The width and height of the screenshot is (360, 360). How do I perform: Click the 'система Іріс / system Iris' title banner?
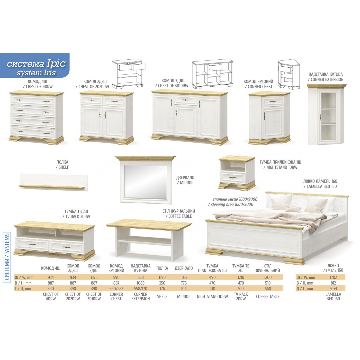pos(35,65)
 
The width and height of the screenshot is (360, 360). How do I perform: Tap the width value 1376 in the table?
pos(94,277)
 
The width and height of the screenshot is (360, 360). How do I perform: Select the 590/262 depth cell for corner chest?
pos(116,289)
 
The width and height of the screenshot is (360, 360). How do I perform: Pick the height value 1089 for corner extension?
pos(140,283)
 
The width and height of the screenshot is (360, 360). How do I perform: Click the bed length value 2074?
pos(333,289)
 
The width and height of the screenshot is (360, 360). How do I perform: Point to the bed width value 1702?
pos(333,277)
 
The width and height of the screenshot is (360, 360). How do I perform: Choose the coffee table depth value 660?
pos(268,289)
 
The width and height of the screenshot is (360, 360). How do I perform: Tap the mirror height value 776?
pos(184,283)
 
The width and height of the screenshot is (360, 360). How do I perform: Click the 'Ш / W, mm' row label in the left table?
pos(24,277)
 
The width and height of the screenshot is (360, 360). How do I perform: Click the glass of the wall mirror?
pos(146,182)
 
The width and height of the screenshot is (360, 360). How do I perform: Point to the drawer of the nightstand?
pos(233,177)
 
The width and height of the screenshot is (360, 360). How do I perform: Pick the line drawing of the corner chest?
pos(289,74)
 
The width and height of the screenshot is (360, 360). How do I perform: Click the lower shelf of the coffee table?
pos(144,240)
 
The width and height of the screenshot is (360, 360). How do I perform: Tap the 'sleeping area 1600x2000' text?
pos(231,204)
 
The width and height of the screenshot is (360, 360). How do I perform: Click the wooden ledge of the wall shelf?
pos(52,187)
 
